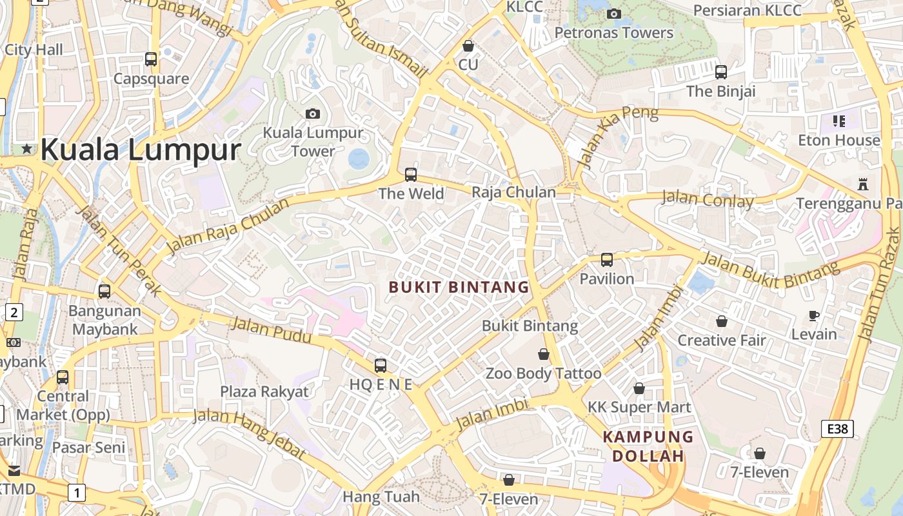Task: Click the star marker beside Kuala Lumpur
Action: click(x=27, y=149)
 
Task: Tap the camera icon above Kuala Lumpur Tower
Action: click(x=313, y=114)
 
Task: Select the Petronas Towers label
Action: click(x=613, y=32)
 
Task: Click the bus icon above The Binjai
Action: click(x=721, y=72)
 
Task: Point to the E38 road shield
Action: click(x=837, y=428)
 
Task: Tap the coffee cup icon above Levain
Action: click(x=814, y=315)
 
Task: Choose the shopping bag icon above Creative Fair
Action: click(x=722, y=321)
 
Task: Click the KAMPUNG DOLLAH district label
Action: click(x=648, y=446)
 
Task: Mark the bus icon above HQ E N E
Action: click(x=381, y=366)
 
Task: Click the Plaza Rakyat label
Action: click(x=264, y=392)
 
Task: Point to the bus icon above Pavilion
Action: click(x=607, y=260)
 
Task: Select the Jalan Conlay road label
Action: click(x=708, y=199)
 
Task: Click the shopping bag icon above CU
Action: click(x=468, y=46)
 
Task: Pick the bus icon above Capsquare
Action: click(x=151, y=59)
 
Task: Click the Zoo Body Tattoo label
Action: click(x=543, y=373)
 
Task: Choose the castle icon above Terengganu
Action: click(x=863, y=184)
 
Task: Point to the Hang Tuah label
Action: click(x=381, y=497)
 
